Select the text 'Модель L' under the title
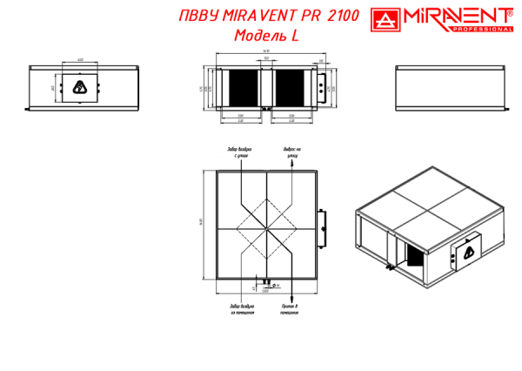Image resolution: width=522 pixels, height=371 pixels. point(266,36)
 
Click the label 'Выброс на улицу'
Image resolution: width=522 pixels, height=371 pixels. point(291,153)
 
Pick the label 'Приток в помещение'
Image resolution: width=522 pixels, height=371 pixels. point(291,310)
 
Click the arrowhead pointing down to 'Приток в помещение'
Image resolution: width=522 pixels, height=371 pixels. point(291,300)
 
